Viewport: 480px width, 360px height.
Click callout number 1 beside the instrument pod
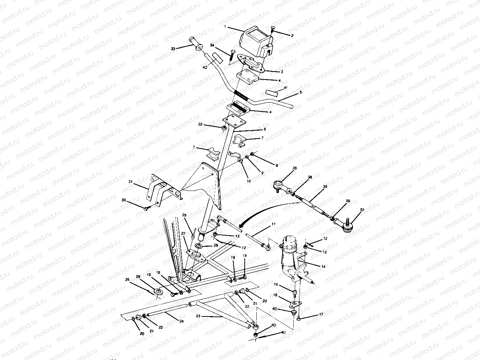225,27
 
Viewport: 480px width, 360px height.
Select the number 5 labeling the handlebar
300,93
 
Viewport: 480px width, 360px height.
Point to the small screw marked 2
273,30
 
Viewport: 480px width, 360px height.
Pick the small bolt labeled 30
146,208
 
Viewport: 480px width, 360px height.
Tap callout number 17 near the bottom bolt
321,314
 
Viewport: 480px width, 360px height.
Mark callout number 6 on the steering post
265,129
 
